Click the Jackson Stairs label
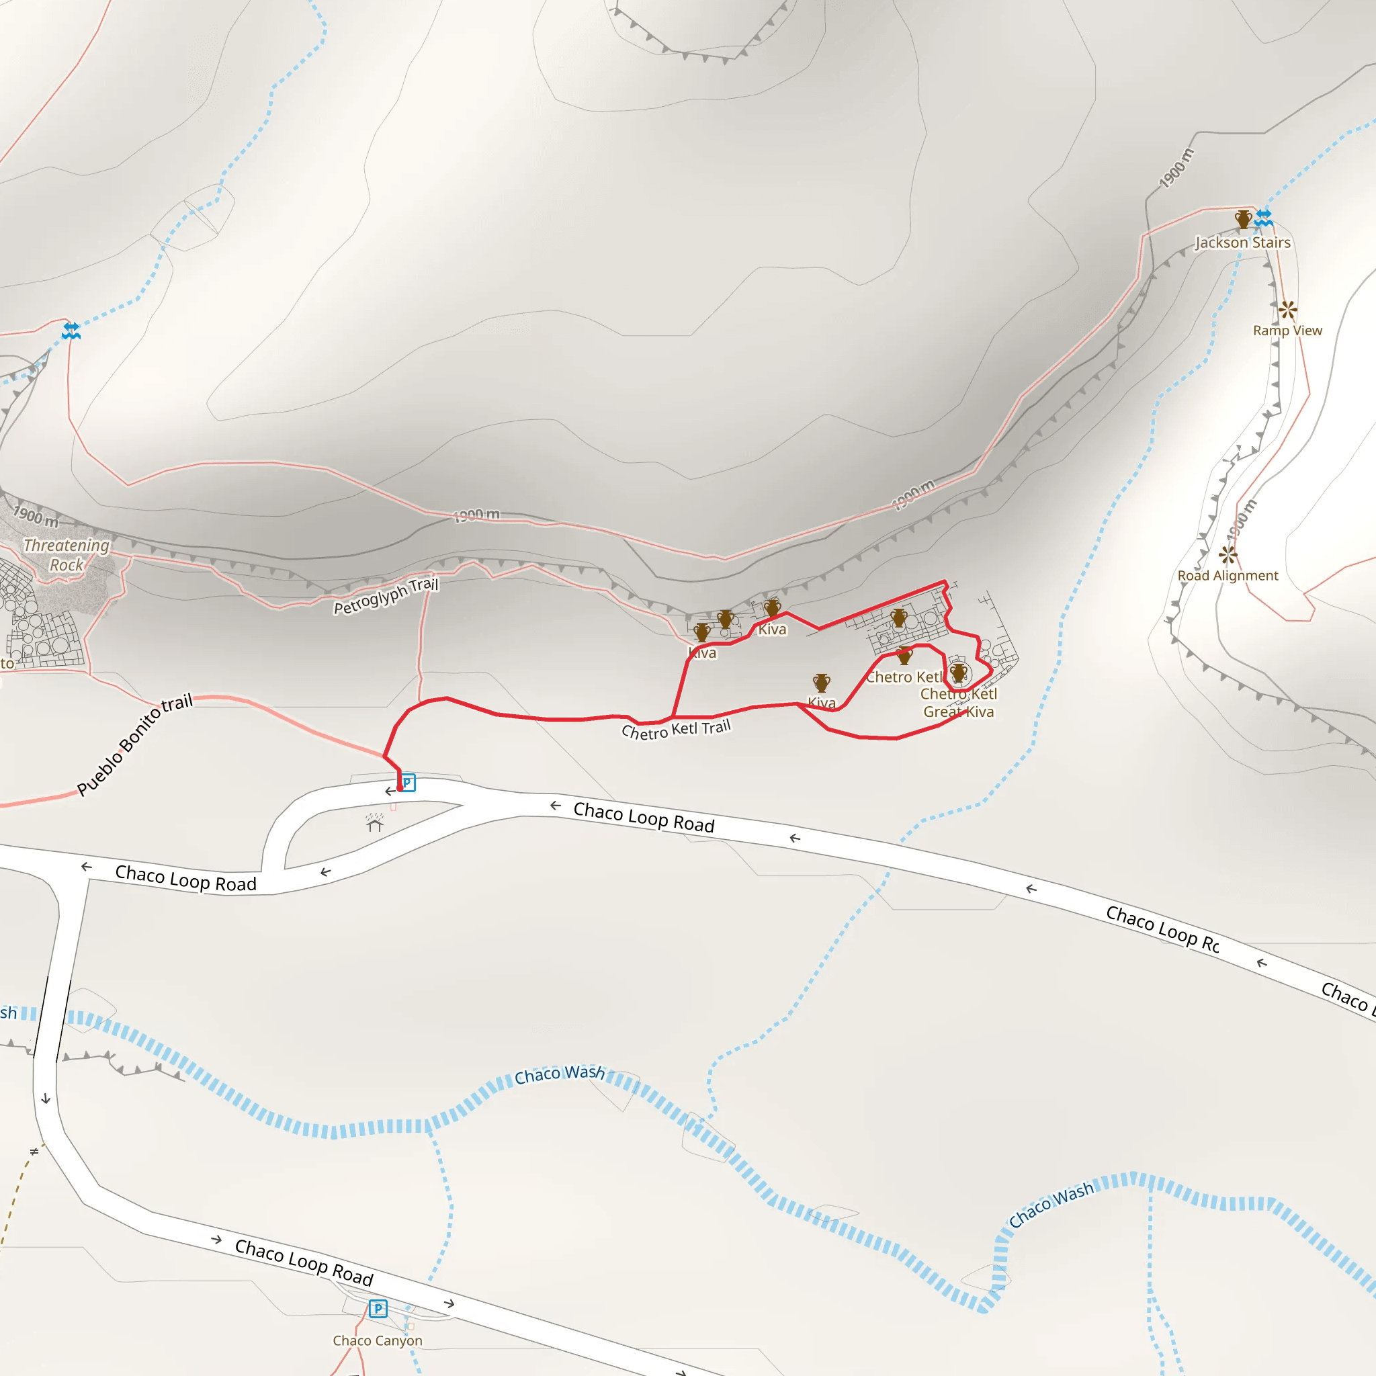click(x=1242, y=243)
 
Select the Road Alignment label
click(x=1227, y=576)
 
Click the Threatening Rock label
click(x=67, y=555)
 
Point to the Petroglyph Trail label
click(x=386, y=596)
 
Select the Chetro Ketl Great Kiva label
click(x=959, y=703)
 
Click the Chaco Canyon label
click(x=378, y=1340)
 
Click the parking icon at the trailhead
click(x=406, y=783)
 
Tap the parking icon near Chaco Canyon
click(x=378, y=1308)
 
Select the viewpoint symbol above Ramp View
click(x=1287, y=309)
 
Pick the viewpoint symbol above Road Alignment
click(x=1227, y=554)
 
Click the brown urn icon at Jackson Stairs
click(x=1243, y=218)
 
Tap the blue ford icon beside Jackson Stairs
click(x=1264, y=217)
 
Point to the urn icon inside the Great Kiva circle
click(x=959, y=672)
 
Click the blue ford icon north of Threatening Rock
click(x=71, y=331)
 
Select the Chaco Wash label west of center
click(x=560, y=1074)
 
